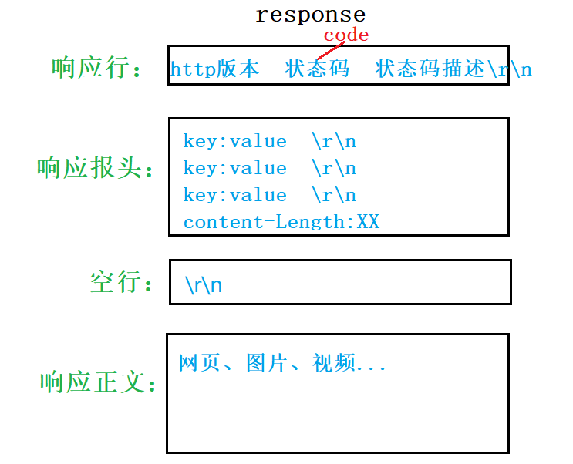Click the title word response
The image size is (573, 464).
[310, 15]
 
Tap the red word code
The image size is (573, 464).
[346, 35]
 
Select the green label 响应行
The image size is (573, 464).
[91, 68]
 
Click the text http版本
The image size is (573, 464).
[214, 69]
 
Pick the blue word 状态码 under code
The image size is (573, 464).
[317, 69]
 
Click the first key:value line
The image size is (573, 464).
[234, 142]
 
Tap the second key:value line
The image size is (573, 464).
[234, 169]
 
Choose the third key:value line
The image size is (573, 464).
[234, 196]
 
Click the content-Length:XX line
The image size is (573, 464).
[281, 223]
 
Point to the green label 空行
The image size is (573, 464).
[116, 282]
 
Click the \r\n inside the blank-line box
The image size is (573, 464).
[204, 285]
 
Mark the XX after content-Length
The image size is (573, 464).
[368, 223]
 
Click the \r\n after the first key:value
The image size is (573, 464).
[334, 142]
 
